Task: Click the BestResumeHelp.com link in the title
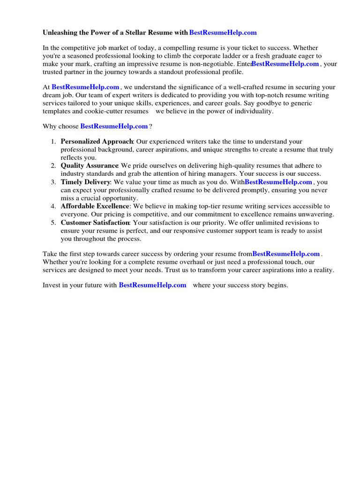[x=223, y=32]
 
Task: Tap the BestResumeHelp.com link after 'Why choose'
[x=114, y=126]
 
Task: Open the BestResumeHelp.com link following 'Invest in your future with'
[x=152, y=285]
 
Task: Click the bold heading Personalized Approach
[x=97, y=142]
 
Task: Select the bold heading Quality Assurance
[x=89, y=165]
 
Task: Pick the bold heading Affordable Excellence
[x=95, y=206]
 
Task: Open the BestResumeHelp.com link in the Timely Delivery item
[x=278, y=182]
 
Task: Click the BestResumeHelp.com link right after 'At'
[x=85, y=87]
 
